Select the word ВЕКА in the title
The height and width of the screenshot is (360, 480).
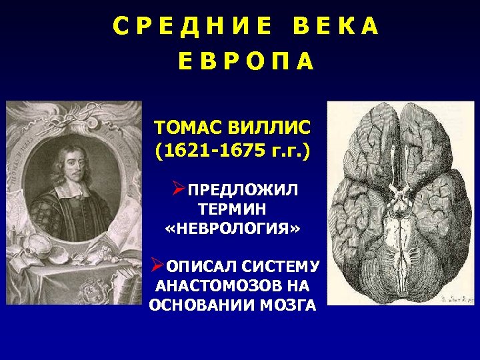click(335, 26)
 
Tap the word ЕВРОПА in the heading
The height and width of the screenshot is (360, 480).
click(245, 62)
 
